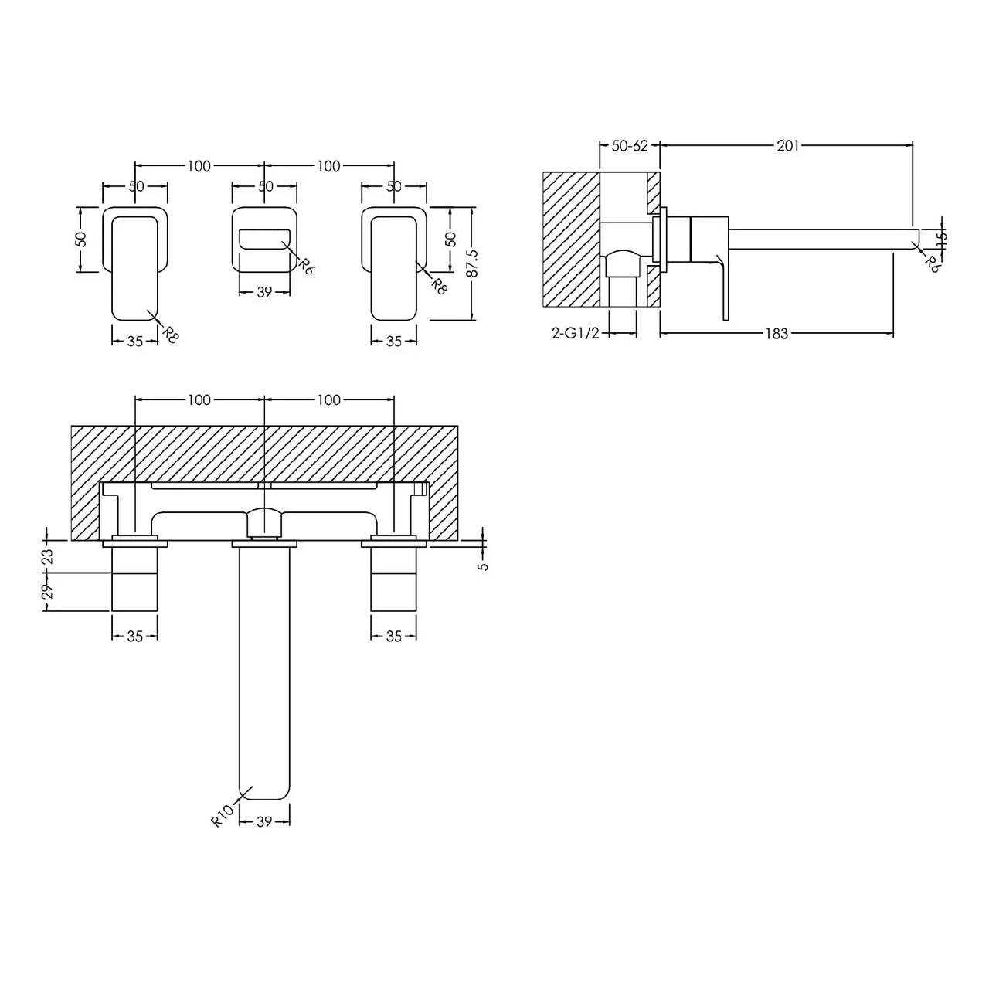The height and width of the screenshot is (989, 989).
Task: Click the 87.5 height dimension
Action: coord(473,263)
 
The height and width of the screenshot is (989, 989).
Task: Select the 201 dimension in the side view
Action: coord(788,145)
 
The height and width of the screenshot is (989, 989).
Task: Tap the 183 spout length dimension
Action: coord(777,333)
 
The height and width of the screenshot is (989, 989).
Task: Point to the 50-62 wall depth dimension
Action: coord(630,145)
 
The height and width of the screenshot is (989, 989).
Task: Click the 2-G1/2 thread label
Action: coord(576,333)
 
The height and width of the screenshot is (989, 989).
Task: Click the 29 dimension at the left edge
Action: coord(47,591)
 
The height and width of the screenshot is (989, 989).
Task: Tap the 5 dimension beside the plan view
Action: coord(484,566)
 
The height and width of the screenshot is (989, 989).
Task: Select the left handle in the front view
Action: coord(135,263)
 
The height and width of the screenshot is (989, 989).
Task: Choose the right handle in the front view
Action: coord(394,263)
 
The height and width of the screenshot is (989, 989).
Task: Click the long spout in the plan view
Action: coord(264,672)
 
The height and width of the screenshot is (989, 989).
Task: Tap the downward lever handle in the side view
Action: coord(722,290)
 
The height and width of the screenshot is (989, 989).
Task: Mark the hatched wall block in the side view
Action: coord(572,240)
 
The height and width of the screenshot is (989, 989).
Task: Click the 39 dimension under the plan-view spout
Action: coord(264,822)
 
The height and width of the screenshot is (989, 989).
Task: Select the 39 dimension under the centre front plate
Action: coord(264,292)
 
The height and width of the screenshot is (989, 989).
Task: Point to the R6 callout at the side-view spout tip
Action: coord(933,263)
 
